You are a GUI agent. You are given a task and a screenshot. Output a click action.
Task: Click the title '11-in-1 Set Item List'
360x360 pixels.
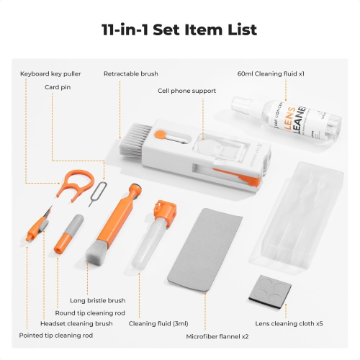pos(180,30)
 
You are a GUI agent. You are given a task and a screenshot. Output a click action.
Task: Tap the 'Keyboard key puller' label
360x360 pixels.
pos(50,73)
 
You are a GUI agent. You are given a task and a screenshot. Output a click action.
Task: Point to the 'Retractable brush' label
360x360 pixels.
pos(130,73)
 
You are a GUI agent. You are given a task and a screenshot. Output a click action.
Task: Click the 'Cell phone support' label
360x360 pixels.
pos(186,91)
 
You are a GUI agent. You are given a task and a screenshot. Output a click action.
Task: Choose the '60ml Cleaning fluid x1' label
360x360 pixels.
pos(271,73)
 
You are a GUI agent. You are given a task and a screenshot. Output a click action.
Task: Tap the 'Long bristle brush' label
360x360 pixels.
pos(97,300)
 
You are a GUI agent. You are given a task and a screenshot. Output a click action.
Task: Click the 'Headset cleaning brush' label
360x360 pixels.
pos(76,324)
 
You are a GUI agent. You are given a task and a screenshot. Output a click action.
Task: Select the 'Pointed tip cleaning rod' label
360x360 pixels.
pos(56,336)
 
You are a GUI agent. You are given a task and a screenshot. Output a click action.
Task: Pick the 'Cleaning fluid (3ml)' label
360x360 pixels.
pos(153,324)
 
